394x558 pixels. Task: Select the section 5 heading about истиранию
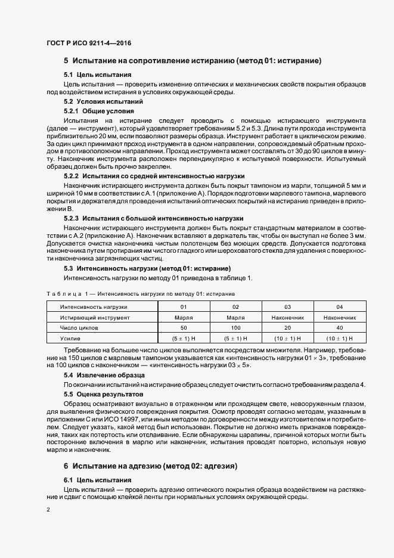click(193, 61)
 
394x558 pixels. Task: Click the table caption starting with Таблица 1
click(141, 294)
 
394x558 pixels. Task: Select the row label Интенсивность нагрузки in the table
click(94, 306)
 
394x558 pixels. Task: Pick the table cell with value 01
click(184, 306)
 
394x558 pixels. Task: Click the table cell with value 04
click(340, 306)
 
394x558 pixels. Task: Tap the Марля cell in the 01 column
click(184, 317)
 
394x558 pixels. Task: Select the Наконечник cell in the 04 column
click(340, 317)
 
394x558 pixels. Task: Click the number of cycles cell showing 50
click(184, 328)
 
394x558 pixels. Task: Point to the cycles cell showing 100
click(235, 328)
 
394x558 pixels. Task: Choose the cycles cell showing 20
click(288, 328)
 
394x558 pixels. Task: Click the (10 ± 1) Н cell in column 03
click(288, 339)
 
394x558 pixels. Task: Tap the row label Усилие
click(69, 339)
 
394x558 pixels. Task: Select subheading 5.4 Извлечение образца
click(104, 375)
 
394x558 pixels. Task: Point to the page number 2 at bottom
click(48, 510)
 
